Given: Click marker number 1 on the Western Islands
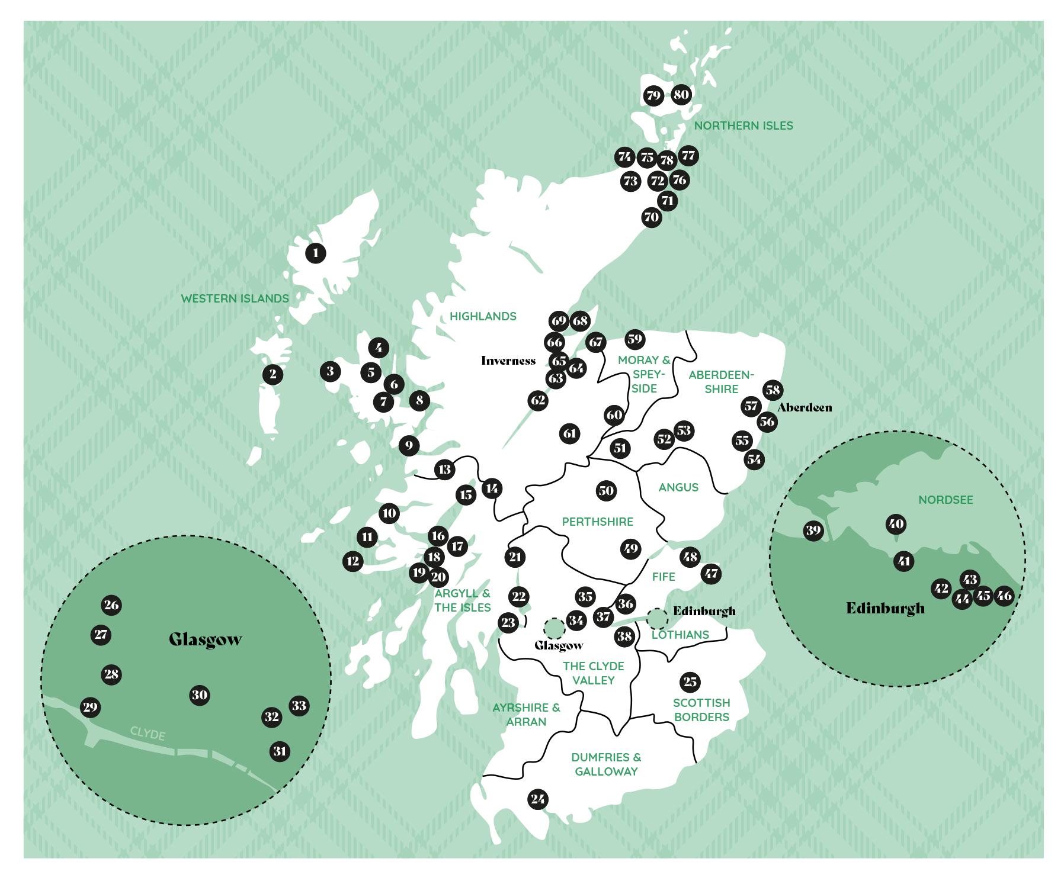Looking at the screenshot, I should click(x=316, y=253).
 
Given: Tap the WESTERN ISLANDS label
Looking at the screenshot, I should click(x=235, y=298).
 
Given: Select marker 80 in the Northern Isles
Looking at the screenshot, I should click(x=681, y=94).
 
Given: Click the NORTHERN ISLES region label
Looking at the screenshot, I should click(x=743, y=126).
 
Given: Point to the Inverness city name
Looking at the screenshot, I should click(x=508, y=361).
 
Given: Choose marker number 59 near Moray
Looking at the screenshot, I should click(x=634, y=339).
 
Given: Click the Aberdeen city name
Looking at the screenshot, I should click(x=804, y=407).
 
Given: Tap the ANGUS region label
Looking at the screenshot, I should click(x=678, y=487).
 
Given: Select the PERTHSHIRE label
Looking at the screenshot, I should click(x=597, y=522).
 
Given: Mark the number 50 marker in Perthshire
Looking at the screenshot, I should click(x=605, y=490).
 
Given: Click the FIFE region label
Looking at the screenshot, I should click(x=663, y=577).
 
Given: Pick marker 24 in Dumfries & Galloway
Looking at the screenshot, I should click(x=537, y=799).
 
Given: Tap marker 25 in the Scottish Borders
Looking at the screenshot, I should click(x=690, y=682).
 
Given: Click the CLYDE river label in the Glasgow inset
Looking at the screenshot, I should click(x=148, y=734).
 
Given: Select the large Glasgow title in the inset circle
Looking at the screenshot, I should click(x=205, y=640).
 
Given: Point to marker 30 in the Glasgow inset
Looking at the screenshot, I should click(x=200, y=695).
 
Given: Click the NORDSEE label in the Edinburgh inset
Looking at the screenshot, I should click(x=946, y=500).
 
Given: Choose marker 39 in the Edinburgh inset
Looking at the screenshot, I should click(x=813, y=530).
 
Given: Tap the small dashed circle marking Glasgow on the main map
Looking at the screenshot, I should click(x=554, y=629).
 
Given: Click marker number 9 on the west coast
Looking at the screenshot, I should click(x=409, y=445).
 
